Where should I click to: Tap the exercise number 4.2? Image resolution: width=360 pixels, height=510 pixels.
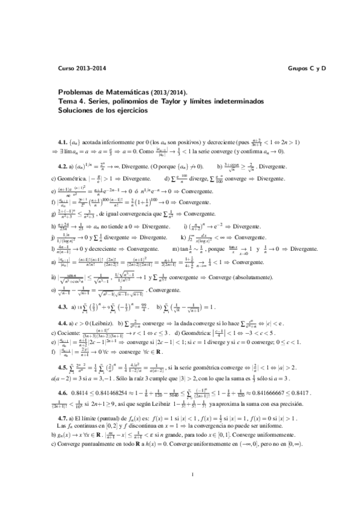click(x=62, y=166)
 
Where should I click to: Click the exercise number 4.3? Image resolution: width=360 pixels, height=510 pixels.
click(x=62, y=307)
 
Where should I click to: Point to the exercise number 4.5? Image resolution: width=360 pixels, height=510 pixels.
click(x=62, y=366)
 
